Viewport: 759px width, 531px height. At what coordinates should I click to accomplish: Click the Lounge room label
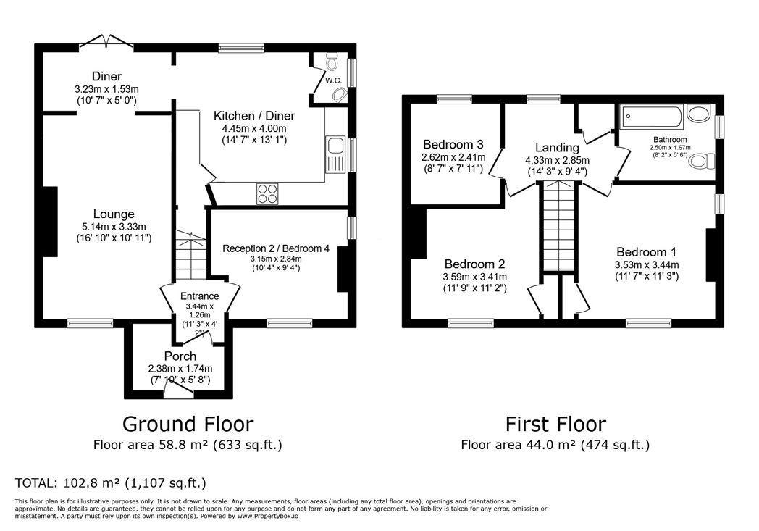click(x=114, y=214)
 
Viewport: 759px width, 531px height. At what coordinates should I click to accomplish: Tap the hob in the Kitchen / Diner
click(x=267, y=193)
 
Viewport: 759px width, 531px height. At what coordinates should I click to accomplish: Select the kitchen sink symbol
click(x=335, y=154)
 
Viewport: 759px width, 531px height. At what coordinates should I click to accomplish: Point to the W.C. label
click(x=334, y=80)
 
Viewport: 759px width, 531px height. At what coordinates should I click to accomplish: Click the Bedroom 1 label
click(x=646, y=251)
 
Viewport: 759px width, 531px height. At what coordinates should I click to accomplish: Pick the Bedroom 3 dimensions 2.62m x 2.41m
click(x=453, y=156)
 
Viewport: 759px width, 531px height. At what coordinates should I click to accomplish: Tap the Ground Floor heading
click(x=188, y=424)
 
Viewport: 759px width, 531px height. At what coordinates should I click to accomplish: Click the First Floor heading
click(x=555, y=424)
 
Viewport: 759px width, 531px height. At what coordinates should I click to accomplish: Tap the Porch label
click(x=180, y=356)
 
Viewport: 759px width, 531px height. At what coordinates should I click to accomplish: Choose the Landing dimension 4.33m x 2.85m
click(x=557, y=160)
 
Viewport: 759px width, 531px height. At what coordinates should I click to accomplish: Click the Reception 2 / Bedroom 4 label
click(x=275, y=248)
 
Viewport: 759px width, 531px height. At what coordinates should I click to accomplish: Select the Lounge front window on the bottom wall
click(x=90, y=323)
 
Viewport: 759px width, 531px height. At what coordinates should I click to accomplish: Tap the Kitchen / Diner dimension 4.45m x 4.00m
click(x=254, y=129)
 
